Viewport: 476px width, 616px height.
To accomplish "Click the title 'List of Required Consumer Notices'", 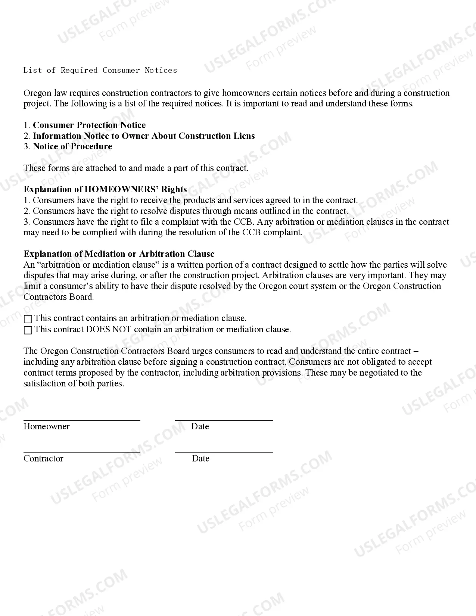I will pos(100,70).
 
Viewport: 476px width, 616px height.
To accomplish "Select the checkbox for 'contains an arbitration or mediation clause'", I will pos(28,319).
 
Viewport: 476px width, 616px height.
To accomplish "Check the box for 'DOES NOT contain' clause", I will pos(28,330).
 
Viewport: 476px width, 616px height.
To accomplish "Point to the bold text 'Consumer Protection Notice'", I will pos(89,125).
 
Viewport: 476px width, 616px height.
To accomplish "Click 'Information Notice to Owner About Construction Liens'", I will pos(144,136).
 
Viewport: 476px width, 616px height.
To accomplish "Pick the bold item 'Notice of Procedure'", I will pos(72,146).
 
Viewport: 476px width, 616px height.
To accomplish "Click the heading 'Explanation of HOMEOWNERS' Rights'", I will pos(105,189).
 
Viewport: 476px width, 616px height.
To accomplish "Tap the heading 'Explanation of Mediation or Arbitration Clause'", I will pos(119,254).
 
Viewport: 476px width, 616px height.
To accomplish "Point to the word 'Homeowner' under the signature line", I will pos(46,426).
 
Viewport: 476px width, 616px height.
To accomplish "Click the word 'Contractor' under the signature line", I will pos(43,458).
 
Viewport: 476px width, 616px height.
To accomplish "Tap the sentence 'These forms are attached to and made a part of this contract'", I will pos(136,168).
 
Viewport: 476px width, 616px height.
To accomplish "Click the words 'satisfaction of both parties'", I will pos(73,383).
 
